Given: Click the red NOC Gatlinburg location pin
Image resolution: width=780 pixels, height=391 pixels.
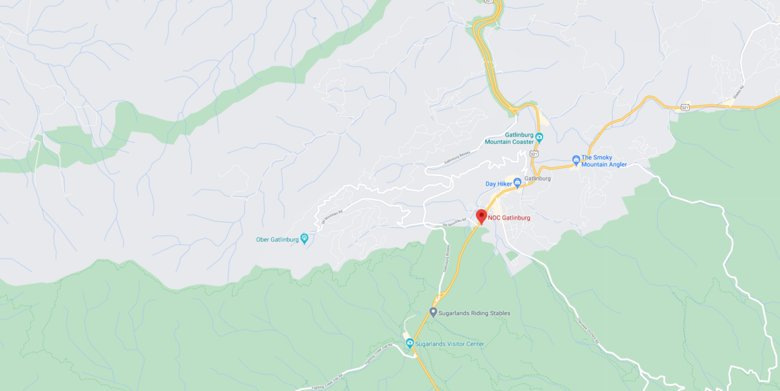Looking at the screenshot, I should tap(481, 216).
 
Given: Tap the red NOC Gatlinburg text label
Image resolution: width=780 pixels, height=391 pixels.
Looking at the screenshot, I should tap(509, 218).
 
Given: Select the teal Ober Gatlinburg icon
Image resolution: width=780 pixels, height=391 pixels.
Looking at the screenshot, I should tap(304, 239).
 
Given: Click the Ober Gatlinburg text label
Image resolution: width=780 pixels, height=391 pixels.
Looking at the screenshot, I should tap(277, 239).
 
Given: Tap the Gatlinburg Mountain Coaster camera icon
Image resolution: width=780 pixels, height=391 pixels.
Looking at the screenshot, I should tap(539, 137).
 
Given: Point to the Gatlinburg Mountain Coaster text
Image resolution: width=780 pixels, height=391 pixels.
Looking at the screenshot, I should tap(509, 138).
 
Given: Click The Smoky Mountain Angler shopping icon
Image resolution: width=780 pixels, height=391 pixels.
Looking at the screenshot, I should tap(576, 159).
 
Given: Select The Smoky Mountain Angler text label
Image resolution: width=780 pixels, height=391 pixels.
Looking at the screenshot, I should tap(604, 161).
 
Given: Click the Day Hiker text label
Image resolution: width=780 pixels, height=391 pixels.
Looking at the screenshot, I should tap(498, 184).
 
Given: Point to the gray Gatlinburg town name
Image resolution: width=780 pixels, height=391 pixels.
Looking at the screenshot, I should tap(537, 178).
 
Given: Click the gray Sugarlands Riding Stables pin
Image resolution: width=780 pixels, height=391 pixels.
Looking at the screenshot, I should tap(433, 313).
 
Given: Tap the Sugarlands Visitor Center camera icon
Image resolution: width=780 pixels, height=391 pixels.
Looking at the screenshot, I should tap(410, 343).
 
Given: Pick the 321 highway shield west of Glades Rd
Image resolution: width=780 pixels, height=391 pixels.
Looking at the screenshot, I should tap(684, 107).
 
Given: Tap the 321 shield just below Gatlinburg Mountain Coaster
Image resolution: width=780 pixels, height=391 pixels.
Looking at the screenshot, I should tap(534, 154).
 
